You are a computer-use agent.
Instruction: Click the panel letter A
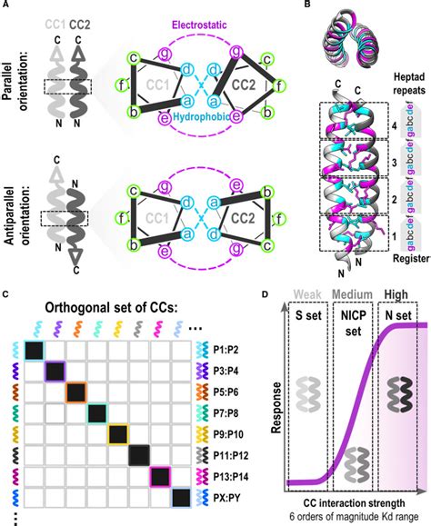coord(6,6)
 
